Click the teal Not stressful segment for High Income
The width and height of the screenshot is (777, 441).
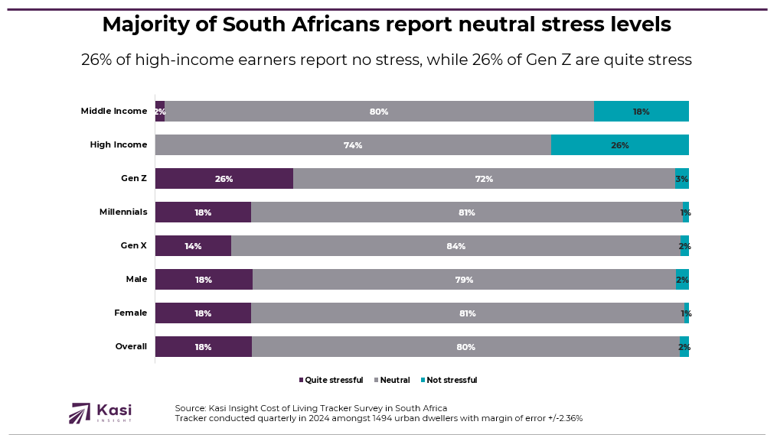tap(620, 145)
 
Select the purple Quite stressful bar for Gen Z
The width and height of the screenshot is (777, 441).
tap(224, 179)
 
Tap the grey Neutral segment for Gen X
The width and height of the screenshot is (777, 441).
tap(456, 246)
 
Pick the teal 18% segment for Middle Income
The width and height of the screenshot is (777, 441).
tap(642, 112)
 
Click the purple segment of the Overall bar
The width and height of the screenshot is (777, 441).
tap(203, 347)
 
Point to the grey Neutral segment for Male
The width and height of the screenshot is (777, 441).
tap(464, 280)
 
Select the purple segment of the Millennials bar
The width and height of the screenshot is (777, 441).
tap(203, 212)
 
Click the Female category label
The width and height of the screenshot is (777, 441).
tap(130, 313)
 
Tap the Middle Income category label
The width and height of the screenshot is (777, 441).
tap(114, 112)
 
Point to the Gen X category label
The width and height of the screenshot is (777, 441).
tap(133, 246)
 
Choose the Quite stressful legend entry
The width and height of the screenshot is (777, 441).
tap(331, 381)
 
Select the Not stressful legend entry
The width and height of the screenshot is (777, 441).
tap(449, 381)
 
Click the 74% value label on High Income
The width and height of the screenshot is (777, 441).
tap(353, 145)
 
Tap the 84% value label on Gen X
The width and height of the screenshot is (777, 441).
tap(456, 246)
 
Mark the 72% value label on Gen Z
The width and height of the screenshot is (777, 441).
tap(484, 179)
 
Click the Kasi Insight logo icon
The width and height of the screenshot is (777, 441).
tap(80, 413)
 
